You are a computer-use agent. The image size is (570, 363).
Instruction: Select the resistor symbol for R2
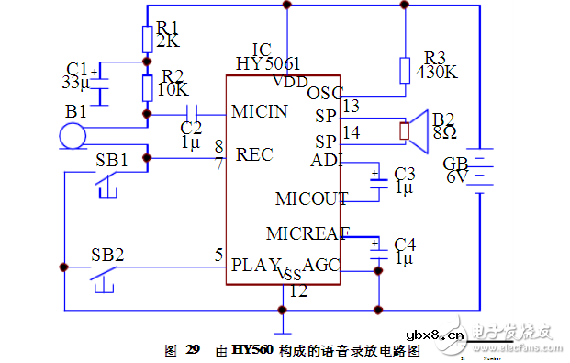coord(148,88)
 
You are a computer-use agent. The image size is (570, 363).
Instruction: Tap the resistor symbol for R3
coord(405,70)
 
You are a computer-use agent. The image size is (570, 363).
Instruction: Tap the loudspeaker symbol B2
coord(418,130)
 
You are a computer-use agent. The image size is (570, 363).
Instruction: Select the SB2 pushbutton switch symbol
coord(106,277)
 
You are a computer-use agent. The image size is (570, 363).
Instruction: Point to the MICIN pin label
coord(260,111)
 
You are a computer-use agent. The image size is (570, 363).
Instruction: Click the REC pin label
coord(254,154)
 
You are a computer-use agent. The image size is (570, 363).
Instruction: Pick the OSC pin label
coord(324,92)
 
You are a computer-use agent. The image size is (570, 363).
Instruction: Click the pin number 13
coord(350,107)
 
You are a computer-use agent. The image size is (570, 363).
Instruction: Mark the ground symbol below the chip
coord(284,326)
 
